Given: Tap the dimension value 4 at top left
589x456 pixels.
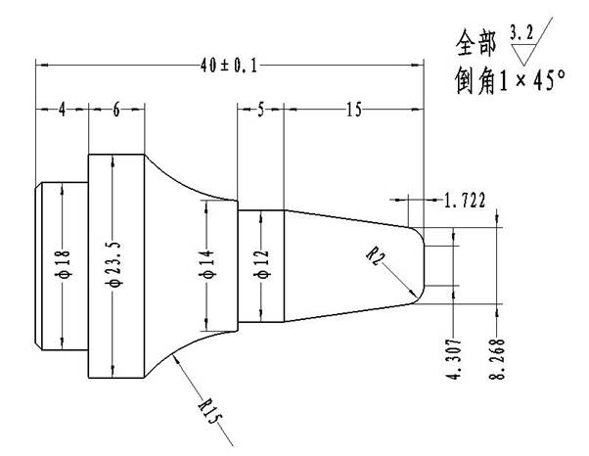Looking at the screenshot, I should pyautogui.click(x=61, y=110).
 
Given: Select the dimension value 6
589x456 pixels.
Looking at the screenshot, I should pyautogui.click(x=115, y=110).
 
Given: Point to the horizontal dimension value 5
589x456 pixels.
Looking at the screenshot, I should pyautogui.click(x=260, y=110).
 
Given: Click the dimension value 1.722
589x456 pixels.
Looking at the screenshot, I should pyautogui.click(x=464, y=201).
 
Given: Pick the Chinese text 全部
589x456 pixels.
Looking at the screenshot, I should pyautogui.click(x=477, y=43).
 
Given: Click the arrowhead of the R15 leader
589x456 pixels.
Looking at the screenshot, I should pyautogui.click(x=174, y=359).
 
